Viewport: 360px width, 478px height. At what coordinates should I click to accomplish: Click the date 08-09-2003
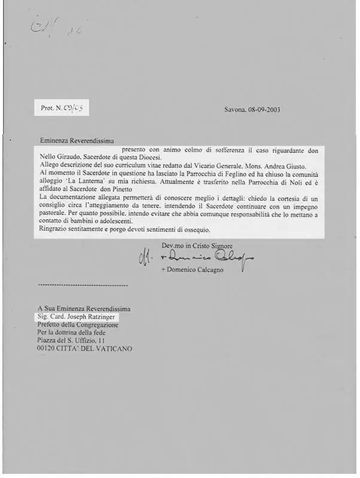264,109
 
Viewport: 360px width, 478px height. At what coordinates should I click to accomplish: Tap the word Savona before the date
234,109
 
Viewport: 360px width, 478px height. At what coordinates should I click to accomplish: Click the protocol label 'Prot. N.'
51,108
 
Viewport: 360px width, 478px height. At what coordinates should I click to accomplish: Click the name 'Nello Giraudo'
59,157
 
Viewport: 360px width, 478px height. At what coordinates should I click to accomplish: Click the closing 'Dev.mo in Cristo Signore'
197,246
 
